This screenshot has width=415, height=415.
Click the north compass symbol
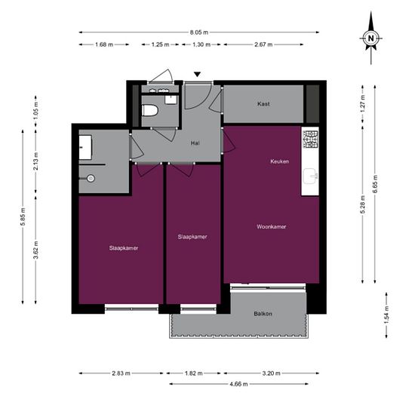point(370,37)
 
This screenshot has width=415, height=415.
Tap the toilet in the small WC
point(150,111)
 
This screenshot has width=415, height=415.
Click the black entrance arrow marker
point(198,74)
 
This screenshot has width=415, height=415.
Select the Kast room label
point(263,103)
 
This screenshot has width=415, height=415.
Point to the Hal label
point(195,143)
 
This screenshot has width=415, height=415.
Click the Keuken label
point(280,161)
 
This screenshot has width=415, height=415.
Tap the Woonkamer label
point(270,226)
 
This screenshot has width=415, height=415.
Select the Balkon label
point(263,314)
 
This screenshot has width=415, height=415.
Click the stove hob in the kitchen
point(311,138)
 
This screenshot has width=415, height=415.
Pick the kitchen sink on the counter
point(310,178)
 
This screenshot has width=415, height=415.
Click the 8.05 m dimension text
point(199,32)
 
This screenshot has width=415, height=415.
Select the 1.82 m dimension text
point(192,373)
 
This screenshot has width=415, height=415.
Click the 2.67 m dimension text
point(264,45)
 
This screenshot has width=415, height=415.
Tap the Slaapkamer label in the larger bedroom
point(122,247)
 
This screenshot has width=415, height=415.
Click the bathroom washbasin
point(85,144)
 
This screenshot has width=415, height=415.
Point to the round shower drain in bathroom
point(91,179)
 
